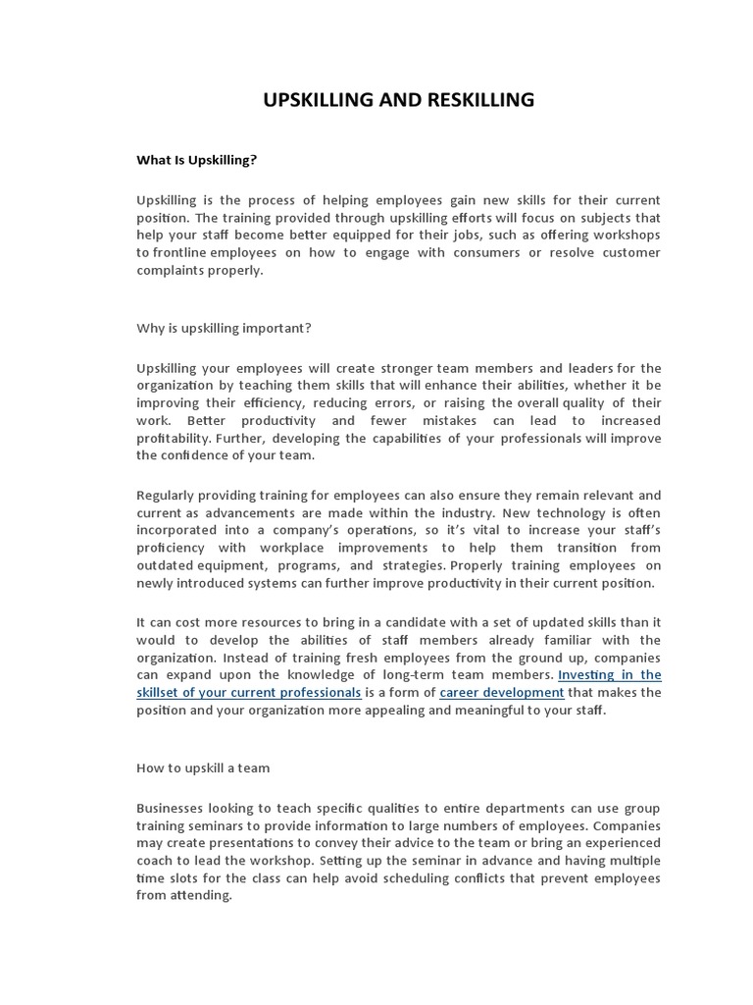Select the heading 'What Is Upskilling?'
[x=196, y=158]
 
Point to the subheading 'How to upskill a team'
[x=203, y=767]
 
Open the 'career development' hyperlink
[x=502, y=692]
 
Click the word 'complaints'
[x=170, y=270]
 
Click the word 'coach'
[x=156, y=861]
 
